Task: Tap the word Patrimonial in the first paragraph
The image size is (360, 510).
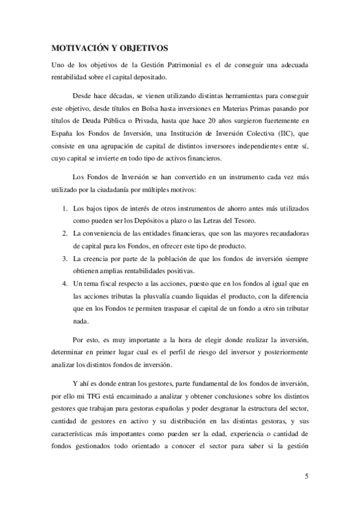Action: (181, 64)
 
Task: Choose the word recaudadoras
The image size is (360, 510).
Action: (285, 234)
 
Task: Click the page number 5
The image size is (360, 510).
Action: (307, 477)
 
